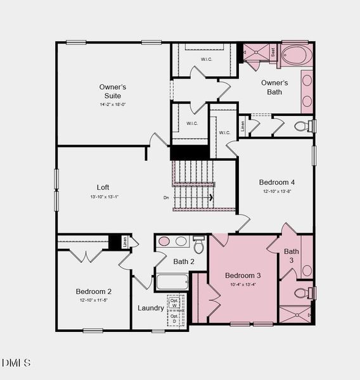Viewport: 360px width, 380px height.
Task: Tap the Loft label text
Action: (103, 187)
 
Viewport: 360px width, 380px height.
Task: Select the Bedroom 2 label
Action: (94, 291)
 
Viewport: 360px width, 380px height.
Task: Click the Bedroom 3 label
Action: (243, 275)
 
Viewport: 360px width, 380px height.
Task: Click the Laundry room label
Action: (151, 308)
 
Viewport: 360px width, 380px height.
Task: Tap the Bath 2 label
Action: (184, 261)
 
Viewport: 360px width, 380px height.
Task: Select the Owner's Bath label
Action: (274, 87)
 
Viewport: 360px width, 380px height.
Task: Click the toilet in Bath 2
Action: (199, 244)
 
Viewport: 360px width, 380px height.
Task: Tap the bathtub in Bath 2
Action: (172, 282)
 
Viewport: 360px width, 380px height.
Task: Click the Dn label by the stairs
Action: (166, 198)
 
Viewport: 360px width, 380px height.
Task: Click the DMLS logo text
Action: (16, 363)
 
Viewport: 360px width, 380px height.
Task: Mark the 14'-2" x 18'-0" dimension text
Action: (112, 104)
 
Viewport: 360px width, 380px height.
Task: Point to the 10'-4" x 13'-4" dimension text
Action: (243, 284)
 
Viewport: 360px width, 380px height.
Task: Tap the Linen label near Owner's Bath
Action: (243, 125)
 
